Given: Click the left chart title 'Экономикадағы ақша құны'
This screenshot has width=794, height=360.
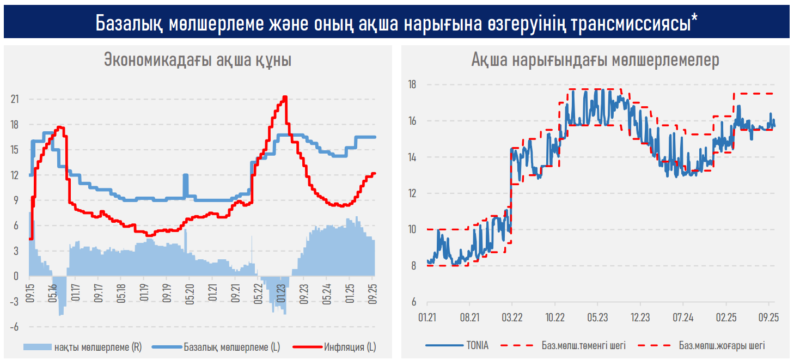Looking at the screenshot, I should coord(197,60).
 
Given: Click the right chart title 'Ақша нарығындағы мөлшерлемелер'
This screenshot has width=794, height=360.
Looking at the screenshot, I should coord(595,60).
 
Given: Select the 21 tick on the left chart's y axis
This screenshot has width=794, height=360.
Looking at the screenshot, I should coord(14,99).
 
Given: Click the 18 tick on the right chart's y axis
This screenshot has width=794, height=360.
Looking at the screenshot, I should coord(412,84).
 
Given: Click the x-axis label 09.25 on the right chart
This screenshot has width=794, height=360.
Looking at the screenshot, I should coord(768,317).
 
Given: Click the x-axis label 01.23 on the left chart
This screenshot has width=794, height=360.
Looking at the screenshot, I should coord(282,289).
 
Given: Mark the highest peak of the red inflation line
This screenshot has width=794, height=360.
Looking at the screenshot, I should coord(285,97).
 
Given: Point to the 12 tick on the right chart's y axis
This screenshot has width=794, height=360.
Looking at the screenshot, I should coord(412,193).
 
